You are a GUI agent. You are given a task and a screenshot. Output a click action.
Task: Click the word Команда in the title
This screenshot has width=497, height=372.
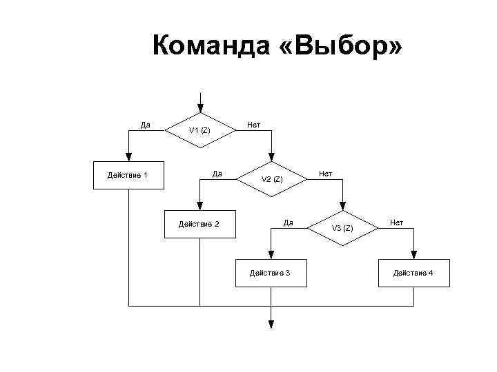coord(200,47)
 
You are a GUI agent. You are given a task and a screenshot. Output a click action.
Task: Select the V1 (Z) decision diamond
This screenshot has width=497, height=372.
coord(200,130)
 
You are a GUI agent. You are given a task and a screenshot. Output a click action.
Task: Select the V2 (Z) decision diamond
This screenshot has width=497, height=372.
coord(271,179)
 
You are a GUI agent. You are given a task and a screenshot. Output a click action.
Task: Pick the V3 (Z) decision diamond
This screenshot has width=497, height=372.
coord(342,228)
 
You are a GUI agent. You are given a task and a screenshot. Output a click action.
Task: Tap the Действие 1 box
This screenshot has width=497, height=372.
coord(128,174)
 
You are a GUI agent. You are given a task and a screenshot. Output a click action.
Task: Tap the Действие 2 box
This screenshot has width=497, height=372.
coord(199,224)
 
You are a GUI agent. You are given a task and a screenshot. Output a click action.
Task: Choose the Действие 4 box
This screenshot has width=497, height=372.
coord(413,273)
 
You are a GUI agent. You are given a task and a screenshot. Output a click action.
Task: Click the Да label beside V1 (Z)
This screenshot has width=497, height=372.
coord(145,125)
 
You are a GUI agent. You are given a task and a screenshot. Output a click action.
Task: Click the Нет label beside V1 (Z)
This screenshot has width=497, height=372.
coord(253,125)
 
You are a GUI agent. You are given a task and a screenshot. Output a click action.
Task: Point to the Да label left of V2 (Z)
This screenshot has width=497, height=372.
coord(217,173)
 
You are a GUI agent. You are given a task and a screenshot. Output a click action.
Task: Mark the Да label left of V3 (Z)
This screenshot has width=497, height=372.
coord(289,222)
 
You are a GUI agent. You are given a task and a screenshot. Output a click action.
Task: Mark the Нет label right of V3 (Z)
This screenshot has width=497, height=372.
coord(396,222)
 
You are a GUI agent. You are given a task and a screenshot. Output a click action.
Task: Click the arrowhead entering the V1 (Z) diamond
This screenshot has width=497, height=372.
coord(200,108)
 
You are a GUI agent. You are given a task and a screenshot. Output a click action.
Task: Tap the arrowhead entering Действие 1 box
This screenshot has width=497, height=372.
coord(128,157)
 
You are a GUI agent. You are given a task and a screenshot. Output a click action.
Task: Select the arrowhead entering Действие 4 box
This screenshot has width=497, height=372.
coord(413,256)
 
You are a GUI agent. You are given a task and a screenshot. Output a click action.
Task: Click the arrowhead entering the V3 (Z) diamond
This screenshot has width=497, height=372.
coord(342,207)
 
